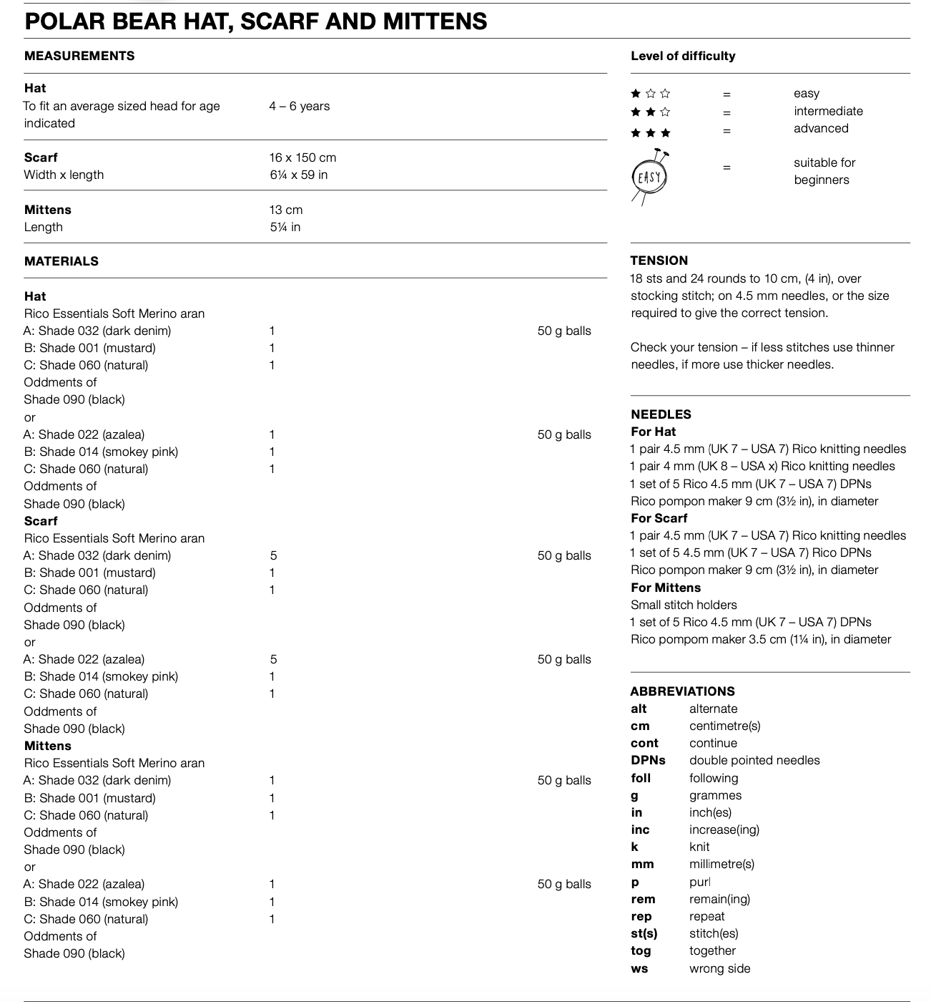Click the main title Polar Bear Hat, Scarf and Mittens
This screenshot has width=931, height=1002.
pos(255,21)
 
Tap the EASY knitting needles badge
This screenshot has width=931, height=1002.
pos(649,176)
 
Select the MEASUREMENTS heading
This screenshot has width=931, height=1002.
pos(79,56)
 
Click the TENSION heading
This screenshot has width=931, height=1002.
pos(659,261)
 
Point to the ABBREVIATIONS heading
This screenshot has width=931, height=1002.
pos(682,691)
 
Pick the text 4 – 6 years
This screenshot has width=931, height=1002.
pos(300,106)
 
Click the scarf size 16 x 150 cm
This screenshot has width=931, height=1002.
pos(302,157)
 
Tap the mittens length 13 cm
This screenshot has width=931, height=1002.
pos(286,210)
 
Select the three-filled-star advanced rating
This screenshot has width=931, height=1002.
pos(650,132)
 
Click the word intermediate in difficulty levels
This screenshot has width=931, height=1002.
pos(828,111)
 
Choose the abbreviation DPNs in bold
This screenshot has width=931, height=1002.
pos(648,760)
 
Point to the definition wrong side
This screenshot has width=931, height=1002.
pos(719,968)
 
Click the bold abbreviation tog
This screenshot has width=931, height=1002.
pos(641,950)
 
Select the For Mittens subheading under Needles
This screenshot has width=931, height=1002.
pos(665,588)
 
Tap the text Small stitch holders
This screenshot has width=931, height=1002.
pos(684,605)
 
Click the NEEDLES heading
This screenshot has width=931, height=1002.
pos(661,414)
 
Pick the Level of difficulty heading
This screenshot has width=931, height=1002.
pos(683,56)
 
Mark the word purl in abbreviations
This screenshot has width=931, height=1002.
pos(699,882)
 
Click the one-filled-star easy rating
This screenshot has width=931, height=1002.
pos(650,94)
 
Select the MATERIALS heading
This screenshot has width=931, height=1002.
pos(61,261)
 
